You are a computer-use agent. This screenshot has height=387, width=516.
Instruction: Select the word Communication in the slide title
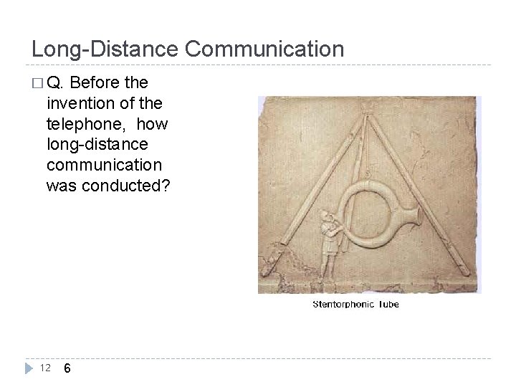264,49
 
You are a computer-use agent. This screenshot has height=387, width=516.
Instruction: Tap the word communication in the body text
107,166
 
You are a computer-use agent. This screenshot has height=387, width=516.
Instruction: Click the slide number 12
45,368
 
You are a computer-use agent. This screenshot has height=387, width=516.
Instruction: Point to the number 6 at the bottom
67,368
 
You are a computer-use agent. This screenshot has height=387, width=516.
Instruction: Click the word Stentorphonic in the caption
342,305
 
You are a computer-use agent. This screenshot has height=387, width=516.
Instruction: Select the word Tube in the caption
387,305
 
